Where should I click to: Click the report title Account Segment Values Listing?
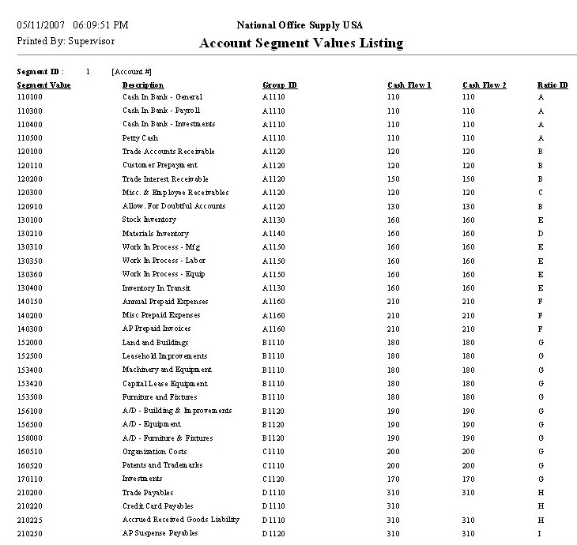(300, 43)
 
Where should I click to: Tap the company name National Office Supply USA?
(300, 25)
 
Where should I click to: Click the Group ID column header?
(280, 85)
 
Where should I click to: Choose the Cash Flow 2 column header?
(485, 85)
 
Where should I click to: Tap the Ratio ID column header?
(552, 85)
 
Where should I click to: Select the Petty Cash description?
(140, 138)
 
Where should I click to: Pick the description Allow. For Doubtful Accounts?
(174, 206)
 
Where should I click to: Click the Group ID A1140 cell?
(273, 234)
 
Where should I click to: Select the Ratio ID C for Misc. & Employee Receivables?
(541, 193)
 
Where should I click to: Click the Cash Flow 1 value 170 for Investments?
(394, 479)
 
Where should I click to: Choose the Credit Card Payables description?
(157, 506)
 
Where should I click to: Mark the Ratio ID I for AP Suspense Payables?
(541, 533)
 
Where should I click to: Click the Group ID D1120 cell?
(273, 533)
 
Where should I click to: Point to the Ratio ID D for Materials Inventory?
(541, 234)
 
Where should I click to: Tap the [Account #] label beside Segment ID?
(131, 72)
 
